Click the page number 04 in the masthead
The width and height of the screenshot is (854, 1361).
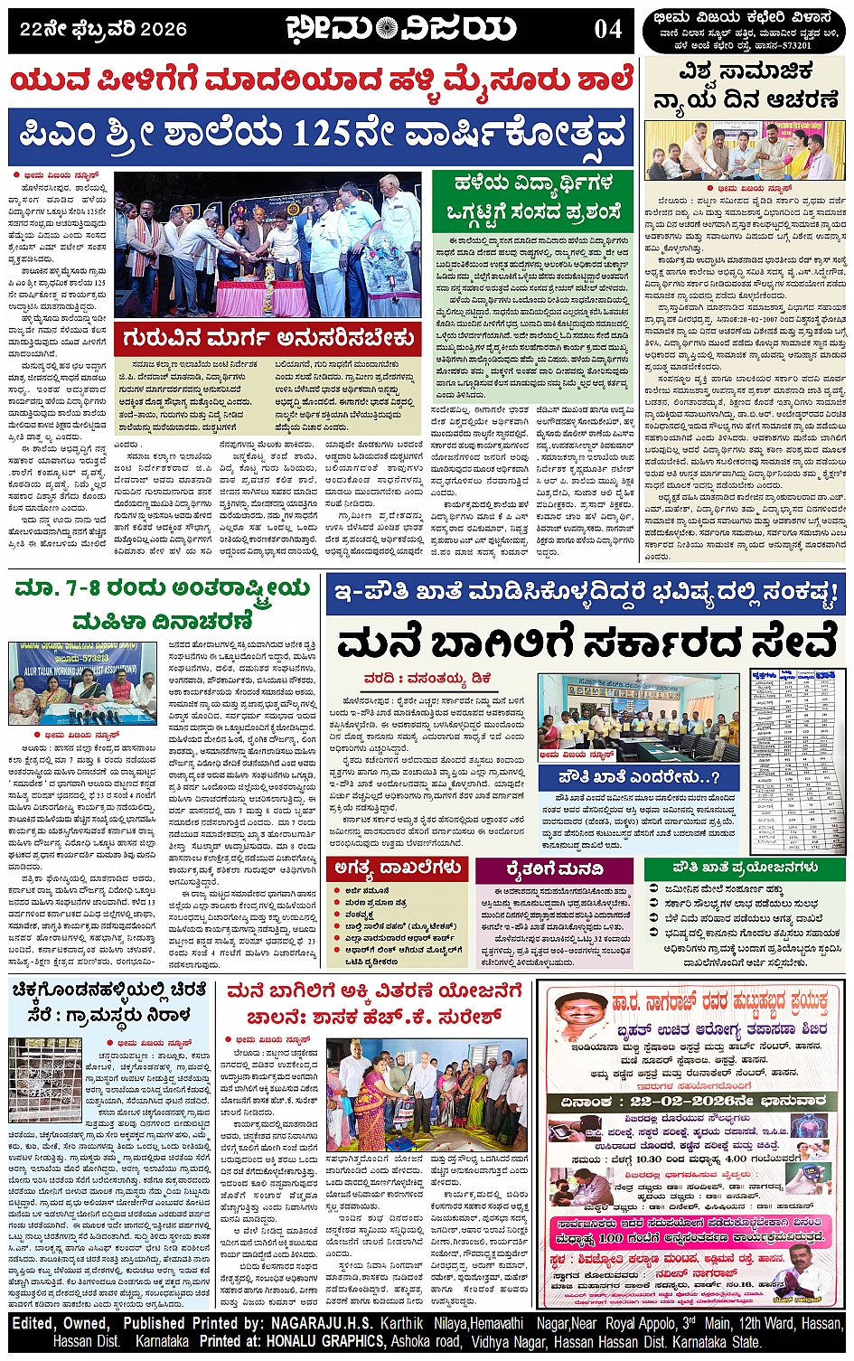click(607, 29)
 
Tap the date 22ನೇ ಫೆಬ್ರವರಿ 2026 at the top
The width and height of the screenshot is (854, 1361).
click(103, 30)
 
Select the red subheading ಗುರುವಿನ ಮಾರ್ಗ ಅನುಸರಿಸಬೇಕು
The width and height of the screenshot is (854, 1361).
click(269, 339)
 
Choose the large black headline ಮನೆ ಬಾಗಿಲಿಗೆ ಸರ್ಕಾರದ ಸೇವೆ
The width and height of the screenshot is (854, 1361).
click(586, 643)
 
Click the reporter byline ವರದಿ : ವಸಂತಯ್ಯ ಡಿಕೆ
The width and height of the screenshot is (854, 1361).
click(427, 677)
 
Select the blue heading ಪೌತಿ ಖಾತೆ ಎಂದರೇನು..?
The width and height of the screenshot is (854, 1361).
click(639, 777)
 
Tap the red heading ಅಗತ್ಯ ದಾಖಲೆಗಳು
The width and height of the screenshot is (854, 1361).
click(398, 868)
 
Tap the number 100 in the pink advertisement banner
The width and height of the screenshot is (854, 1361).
click(610, 1237)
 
